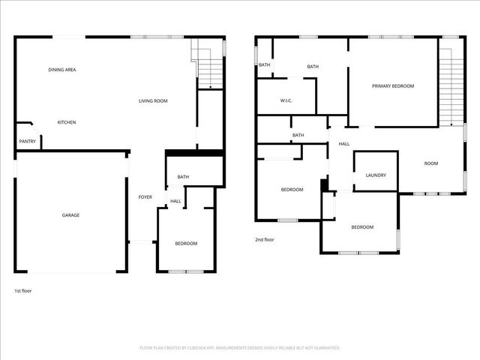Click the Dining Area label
(x=62, y=70)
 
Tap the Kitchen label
(x=67, y=122)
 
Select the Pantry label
(x=26, y=141)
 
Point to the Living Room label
(x=152, y=101)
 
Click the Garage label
(x=70, y=215)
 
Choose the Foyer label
(x=145, y=197)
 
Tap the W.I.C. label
(x=286, y=100)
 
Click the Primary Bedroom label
(x=393, y=86)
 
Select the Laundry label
(x=376, y=175)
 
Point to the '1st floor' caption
(x=23, y=290)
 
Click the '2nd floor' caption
(x=265, y=240)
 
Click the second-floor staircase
(x=448, y=86)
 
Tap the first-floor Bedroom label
(x=186, y=244)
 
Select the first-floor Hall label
(x=175, y=201)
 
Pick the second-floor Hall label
(x=344, y=144)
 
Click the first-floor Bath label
(x=183, y=177)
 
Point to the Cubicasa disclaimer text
(x=240, y=348)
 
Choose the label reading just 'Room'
(x=430, y=163)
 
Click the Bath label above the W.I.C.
(x=313, y=67)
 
